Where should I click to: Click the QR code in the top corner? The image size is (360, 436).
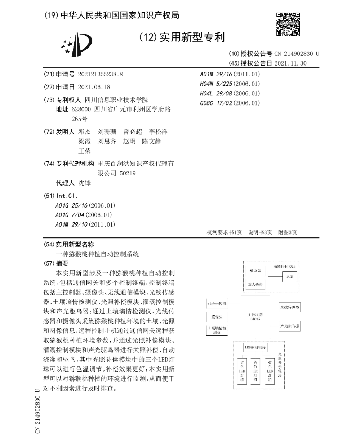coord(288,24)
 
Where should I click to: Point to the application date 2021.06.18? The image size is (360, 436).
coord(94,87)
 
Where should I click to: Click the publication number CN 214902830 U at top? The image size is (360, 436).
coord(297,54)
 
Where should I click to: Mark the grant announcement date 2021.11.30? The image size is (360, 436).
coord(290,63)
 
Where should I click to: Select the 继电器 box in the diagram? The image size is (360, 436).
coord(255,271)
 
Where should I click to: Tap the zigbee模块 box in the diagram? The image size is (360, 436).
coord(217,304)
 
